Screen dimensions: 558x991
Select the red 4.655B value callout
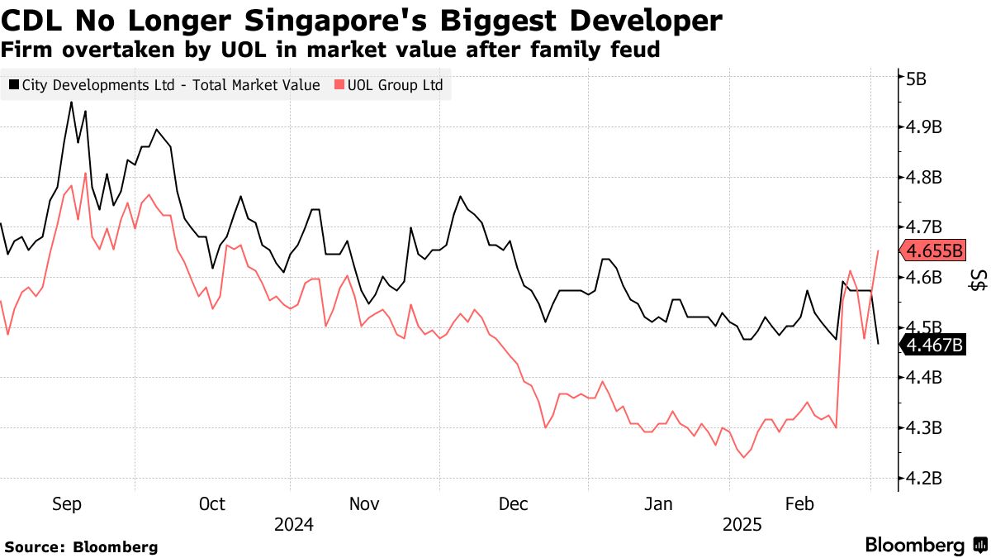coord(933,250)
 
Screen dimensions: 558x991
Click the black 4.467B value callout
coord(934,345)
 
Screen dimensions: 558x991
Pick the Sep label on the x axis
coord(67,504)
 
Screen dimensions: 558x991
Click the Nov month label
coord(364,504)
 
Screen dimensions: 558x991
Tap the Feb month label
coord(799,504)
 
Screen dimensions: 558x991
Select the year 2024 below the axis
coord(294,525)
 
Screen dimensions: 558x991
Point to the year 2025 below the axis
coord(742,525)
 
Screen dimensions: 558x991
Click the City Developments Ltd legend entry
coord(170,85)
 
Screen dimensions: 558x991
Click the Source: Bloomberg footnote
coord(82,546)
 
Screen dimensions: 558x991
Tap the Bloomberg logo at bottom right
coord(926,545)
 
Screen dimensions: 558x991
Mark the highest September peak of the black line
coord(71,102)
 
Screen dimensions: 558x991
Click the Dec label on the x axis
coord(514,504)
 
